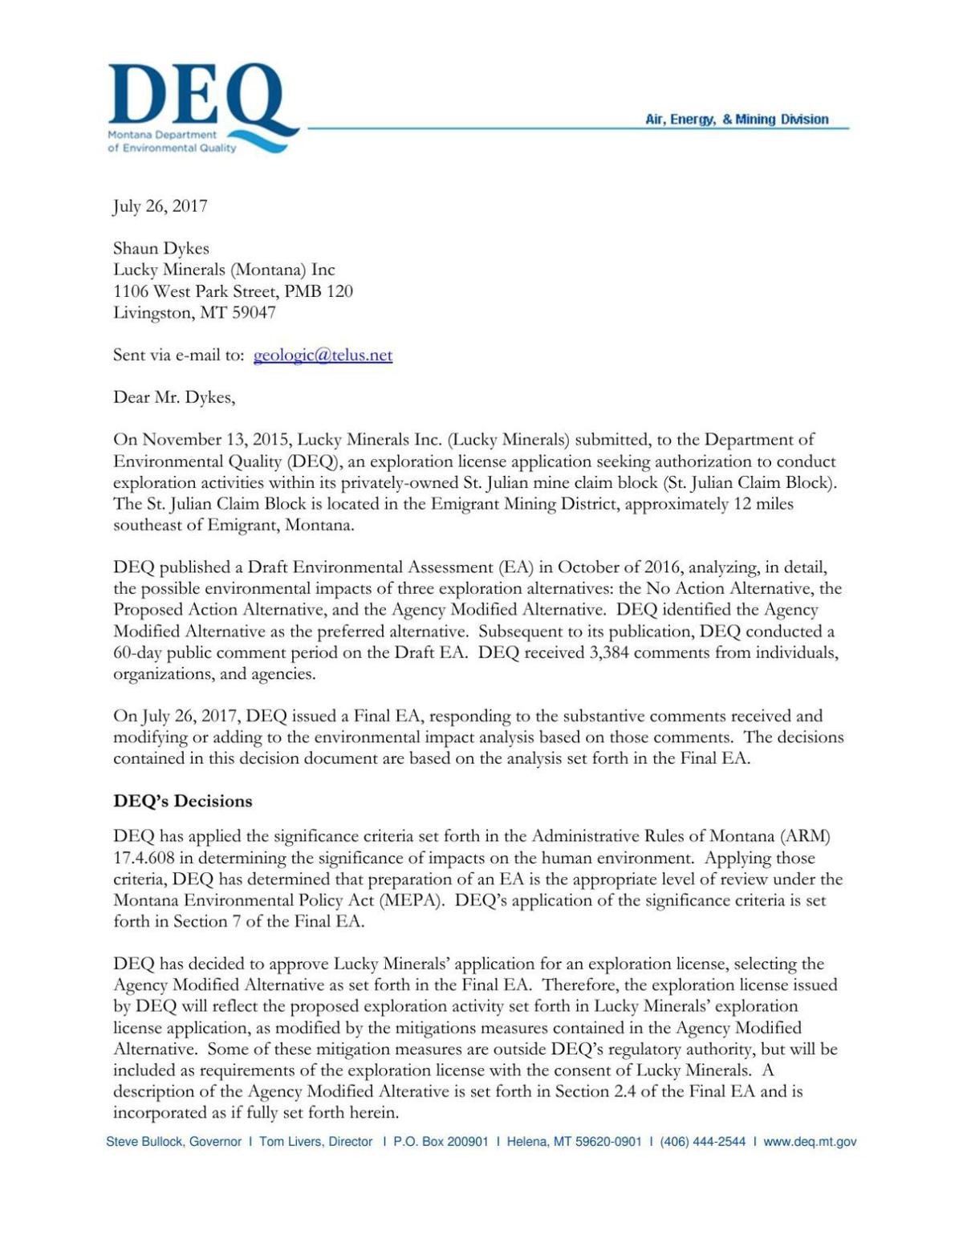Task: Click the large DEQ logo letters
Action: pyautogui.click(x=197, y=98)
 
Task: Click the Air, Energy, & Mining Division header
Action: pyautogui.click(x=736, y=120)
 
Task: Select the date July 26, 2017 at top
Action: pyautogui.click(x=160, y=206)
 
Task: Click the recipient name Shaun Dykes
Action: pyautogui.click(x=160, y=249)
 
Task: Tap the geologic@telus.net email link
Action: pyautogui.click(x=323, y=355)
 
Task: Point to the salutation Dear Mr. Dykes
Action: pyautogui.click(x=173, y=397)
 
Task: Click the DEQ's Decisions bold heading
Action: pyautogui.click(x=182, y=801)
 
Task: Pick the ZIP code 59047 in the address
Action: pyautogui.click(x=254, y=312)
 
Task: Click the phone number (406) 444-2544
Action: pyautogui.click(x=702, y=1141)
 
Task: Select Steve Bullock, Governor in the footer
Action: pyautogui.click(x=173, y=1141)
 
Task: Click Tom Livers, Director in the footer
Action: pyautogui.click(x=315, y=1141)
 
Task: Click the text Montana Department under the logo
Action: pyautogui.click(x=162, y=135)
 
